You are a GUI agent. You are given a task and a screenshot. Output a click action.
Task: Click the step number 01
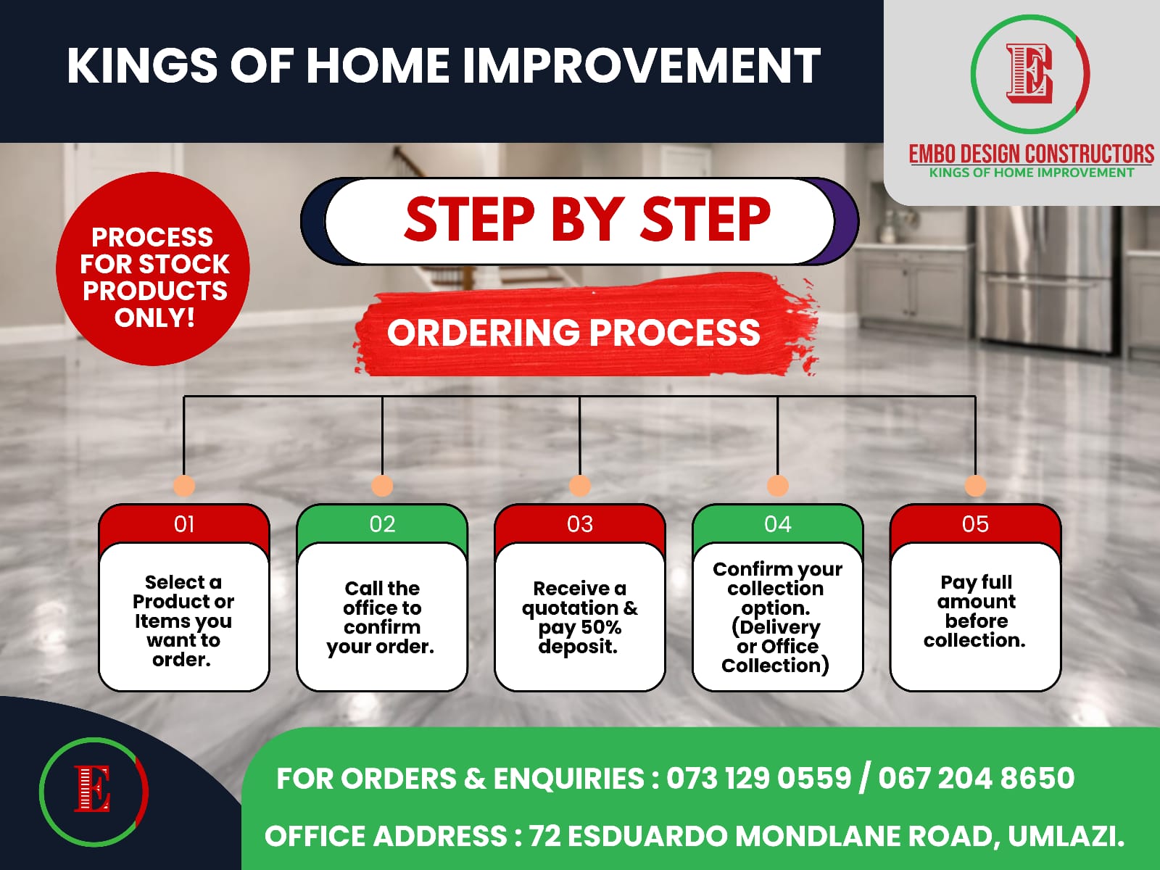[184, 524]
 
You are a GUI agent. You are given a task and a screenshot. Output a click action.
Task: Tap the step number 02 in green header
[382, 524]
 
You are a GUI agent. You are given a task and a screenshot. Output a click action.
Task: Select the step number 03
[580, 524]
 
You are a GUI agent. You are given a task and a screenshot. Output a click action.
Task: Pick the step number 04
[777, 524]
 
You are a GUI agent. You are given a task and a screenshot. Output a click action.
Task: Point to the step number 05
[975, 524]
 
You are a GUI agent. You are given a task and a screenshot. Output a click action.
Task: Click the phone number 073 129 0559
[759, 778]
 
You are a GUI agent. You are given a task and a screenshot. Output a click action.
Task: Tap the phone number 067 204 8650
[977, 778]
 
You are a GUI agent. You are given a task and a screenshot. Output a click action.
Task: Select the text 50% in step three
[601, 627]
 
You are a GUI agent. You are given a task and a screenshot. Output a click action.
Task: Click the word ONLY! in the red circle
[154, 318]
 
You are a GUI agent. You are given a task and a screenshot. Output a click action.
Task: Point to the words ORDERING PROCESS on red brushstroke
[573, 333]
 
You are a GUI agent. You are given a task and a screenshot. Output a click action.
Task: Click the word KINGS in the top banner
[141, 66]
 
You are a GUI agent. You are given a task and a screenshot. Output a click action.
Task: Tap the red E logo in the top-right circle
[1029, 73]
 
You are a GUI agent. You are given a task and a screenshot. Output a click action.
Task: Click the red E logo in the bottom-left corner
[93, 789]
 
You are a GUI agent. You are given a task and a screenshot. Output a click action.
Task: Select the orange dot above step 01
[184, 486]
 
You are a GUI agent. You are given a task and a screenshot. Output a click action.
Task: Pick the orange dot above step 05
[975, 486]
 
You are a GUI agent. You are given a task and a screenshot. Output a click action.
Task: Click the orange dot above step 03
[580, 486]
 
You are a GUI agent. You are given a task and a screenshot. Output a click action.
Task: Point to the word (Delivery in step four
[776, 628]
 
